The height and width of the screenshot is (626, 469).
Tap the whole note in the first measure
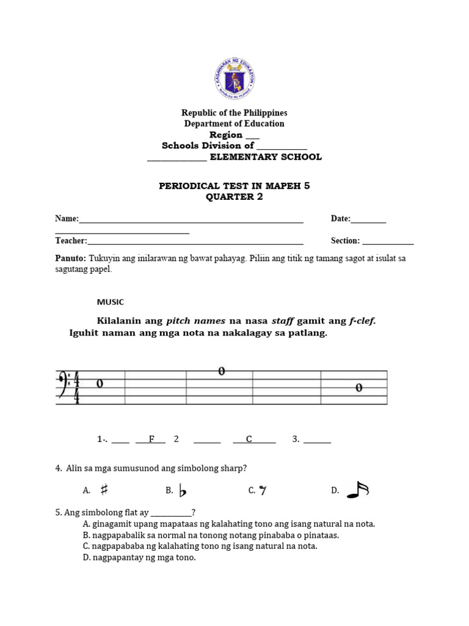pyautogui.click(x=100, y=384)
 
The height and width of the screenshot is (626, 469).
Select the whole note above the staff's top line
pyautogui.click(x=222, y=371)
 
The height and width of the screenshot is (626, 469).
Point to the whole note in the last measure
pyautogui.click(x=358, y=388)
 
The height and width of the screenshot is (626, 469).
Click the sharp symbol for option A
pyautogui.click(x=104, y=490)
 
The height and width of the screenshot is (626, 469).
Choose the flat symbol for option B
pyautogui.click(x=182, y=490)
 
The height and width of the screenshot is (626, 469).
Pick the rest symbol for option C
pyautogui.click(x=262, y=490)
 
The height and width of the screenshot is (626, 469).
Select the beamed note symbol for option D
pyautogui.click(x=358, y=490)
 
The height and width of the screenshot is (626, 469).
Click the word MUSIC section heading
pyautogui.click(x=111, y=302)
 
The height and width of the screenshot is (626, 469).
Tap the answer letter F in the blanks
pyautogui.click(x=152, y=439)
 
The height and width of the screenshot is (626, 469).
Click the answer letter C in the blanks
pyautogui.click(x=249, y=439)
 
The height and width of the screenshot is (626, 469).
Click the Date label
pyautogui.click(x=340, y=218)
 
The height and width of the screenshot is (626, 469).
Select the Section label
pyautogui.click(x=345, y=241)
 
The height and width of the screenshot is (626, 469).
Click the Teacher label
pyautogui.click(x=71, y=241)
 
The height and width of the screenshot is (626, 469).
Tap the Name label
pyautogui.click(x=67, y=218)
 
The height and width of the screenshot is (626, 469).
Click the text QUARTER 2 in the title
pyautogui.click(x=234, y=197)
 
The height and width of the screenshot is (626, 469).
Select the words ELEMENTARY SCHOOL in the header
pyautogui.click(x=266, y=157)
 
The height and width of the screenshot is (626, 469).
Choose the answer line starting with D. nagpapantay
pyautogui.click(x=139, y=558)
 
